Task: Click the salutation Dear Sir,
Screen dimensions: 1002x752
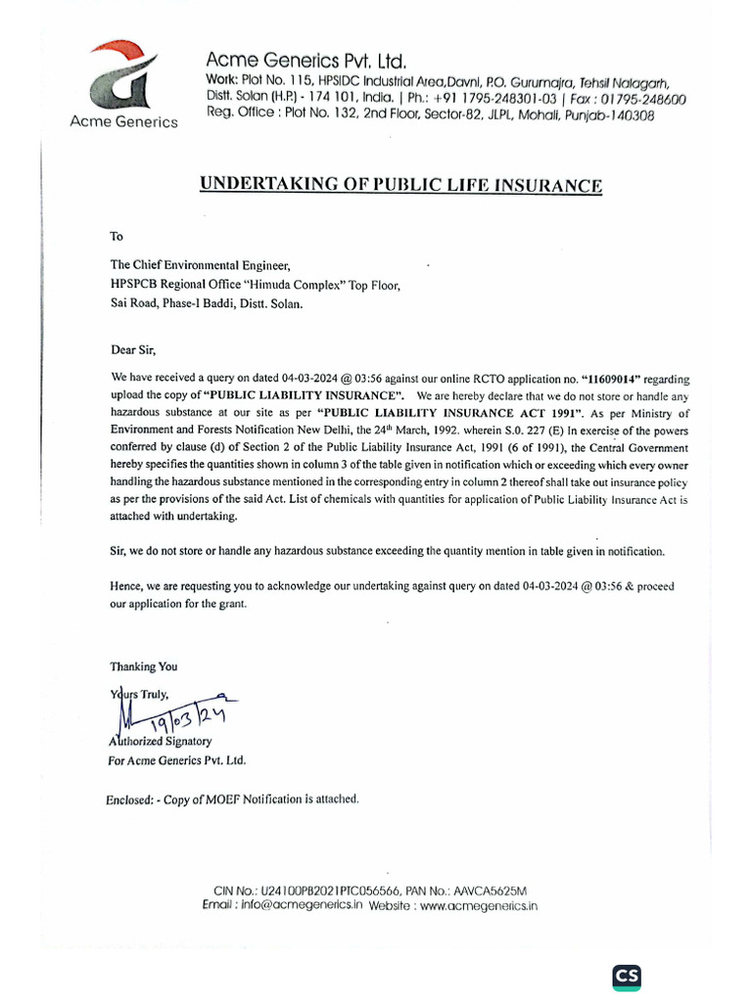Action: (x=132, y=348)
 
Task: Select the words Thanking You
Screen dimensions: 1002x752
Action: (x=144, y=666)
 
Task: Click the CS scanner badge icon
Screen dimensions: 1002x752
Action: (x=627, y=976)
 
